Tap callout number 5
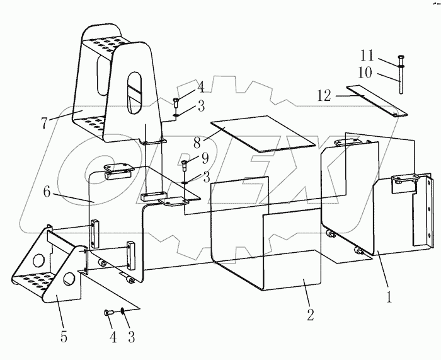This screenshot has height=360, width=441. click(63, 337)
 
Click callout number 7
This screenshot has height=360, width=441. click(45, 124)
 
